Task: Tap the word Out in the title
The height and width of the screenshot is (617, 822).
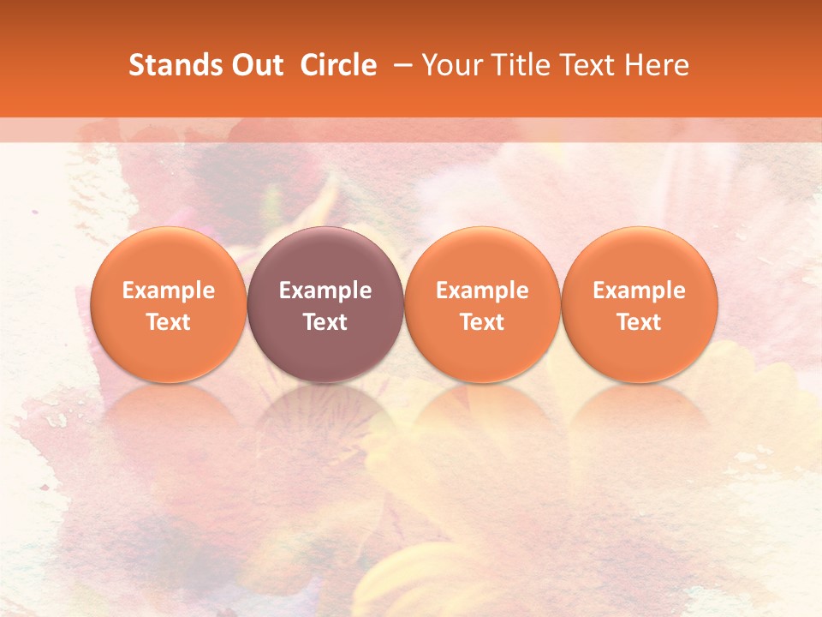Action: point(255,65)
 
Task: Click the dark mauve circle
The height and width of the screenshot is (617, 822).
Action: point(325,257)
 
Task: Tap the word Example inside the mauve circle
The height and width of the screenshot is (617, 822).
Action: point(325,291)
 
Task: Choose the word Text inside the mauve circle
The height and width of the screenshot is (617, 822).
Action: point(325,322)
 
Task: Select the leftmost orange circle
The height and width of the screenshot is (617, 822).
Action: point(169,257)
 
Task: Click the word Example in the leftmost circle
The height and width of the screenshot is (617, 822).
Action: point(169,291)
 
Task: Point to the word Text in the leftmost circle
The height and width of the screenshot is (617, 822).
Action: point(169,322)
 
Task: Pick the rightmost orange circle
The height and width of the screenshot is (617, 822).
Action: point(640,257)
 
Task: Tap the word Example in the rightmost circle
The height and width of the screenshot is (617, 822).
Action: point(640,291)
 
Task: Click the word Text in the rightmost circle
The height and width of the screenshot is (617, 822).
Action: point(640,322)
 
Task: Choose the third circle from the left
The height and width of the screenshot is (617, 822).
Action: point(482,257)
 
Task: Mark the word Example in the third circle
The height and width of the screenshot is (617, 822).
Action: point(482,291)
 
